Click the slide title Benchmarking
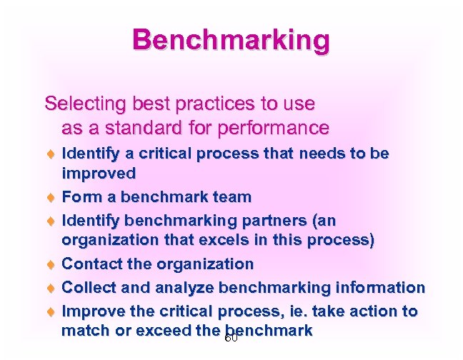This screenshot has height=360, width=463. click(231, 40)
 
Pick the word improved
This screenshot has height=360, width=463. click(99, 174)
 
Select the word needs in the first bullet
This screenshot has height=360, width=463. click(321, 153)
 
